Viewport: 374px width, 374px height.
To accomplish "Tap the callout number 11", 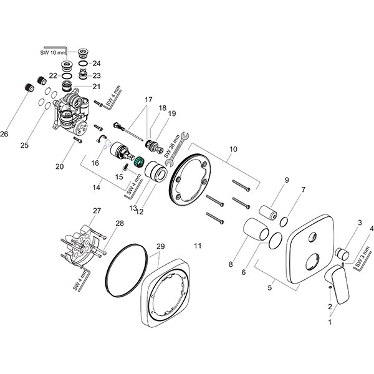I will click(x=198, y=246).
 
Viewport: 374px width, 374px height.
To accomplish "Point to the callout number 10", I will click(x=234, y=150).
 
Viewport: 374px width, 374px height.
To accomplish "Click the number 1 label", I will click(x=330, y=322).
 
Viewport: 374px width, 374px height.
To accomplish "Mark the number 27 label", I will click(x=97, y=211).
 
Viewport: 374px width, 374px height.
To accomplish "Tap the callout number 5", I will click(x=270, y=289).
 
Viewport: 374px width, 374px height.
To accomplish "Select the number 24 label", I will click(x=97, y=64).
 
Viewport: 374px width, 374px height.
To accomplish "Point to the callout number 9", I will click(x=287, y=180).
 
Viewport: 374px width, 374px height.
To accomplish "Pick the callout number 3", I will click(x=360, y=223).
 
